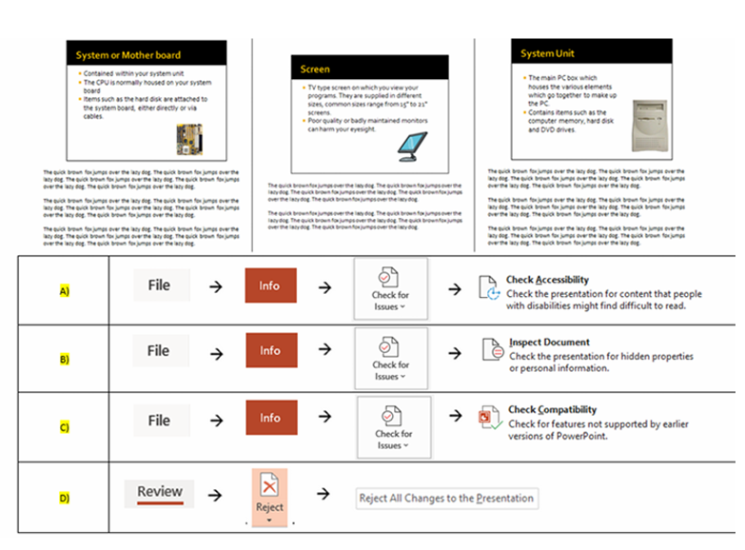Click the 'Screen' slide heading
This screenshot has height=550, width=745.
(x=316, y=69)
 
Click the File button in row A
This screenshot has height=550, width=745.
(x=161, y=285)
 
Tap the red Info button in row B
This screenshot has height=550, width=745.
(x=270, y=351)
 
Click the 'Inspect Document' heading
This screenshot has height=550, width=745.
(x=549, y=343)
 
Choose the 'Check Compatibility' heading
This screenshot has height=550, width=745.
(x=553, y=410)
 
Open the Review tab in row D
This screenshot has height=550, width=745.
(x=160, y=492)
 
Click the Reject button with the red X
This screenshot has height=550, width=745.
(x=270, y=497)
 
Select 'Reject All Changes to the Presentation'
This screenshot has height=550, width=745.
(x=445, y=498)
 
